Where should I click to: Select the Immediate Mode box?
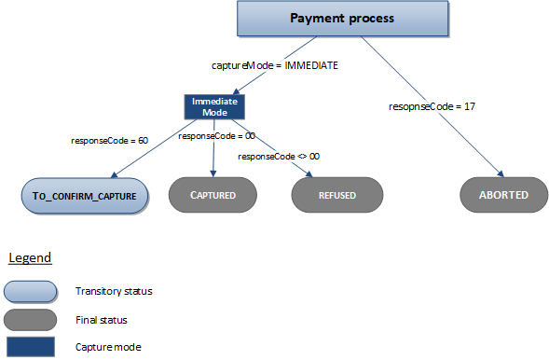[212, 105]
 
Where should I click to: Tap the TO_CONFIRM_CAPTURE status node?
[85, 196]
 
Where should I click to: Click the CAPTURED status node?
[213, 196]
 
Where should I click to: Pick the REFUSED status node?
[336, 196]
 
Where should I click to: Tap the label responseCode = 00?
[216, 135]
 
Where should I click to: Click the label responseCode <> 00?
[279, 156]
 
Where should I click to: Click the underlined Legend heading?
[30, 257]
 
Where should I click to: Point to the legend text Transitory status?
[114, 291]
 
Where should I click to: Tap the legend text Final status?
[101, 319]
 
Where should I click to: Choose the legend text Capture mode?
[106, 347]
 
